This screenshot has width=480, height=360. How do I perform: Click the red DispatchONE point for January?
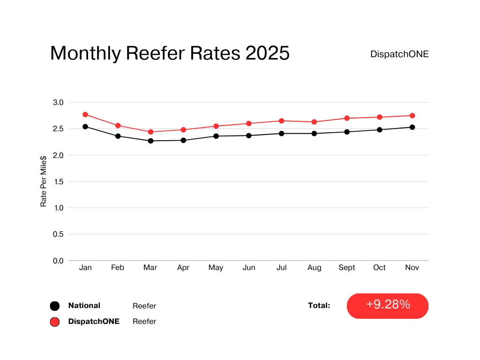[x=85, y=114]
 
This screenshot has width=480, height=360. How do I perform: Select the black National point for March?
[x=150, y=141]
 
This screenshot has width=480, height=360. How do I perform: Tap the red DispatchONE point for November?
[x=412, y=115]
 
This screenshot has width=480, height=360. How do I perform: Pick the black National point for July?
[x=281, y=134]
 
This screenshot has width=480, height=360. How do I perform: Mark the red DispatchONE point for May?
[x=216, y=126]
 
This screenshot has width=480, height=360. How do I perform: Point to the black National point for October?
[x=379, y=130]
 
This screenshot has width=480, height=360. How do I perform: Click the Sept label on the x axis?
[x=347, y=268]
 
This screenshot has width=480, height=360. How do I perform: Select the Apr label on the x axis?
[x=183, y=268]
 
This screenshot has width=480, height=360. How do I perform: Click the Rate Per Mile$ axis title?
[x=44, y=182]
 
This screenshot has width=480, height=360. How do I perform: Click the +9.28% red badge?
[x=388, y=306]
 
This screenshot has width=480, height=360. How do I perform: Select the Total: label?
[x=319, y=306]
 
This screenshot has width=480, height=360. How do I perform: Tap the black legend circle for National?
[x=55, y=306]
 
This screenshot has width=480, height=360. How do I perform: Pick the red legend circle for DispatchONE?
[x=55, y=322]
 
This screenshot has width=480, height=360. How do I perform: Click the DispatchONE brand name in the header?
[x=399, y=54]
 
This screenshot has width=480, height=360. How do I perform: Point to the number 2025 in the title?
[x=268, y=53]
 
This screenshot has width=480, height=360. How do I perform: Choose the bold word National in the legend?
[x=84, y=306]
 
